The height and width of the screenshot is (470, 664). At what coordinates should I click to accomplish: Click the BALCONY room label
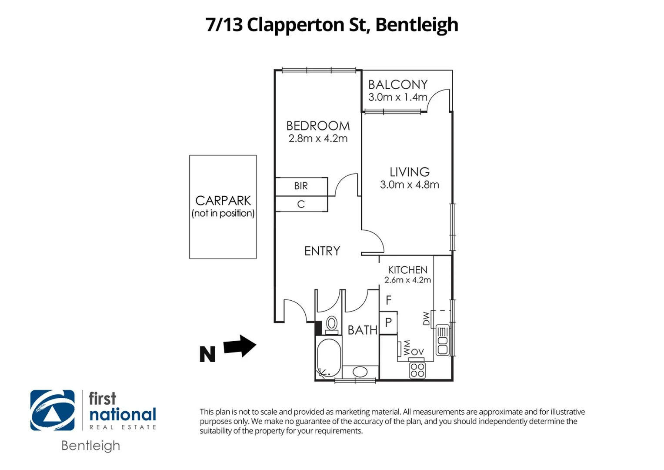(397, 84)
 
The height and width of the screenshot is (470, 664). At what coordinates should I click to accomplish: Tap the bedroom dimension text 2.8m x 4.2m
(318, 139)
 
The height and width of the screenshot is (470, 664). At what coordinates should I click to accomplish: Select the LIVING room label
(409, 172)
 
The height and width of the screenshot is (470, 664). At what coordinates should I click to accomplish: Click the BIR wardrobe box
(301, 186)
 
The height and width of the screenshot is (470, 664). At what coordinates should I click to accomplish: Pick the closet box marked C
(301, 204)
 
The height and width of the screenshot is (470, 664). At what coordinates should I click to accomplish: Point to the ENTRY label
(322, 251)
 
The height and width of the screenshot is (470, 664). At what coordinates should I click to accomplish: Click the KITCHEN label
(407, 270)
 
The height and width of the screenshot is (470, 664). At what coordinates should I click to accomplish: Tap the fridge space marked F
(388, 300)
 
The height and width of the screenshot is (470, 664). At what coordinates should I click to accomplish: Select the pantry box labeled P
(388, 322)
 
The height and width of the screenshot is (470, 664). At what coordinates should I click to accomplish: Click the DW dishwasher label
(426, 318)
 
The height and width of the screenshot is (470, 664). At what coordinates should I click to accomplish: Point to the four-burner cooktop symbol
(417, 370)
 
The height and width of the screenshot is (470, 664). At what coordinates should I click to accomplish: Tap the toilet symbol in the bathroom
(332, 324)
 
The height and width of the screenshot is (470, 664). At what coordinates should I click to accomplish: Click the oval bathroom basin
(360, 372)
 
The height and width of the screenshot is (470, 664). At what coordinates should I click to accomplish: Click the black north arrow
(240, 346)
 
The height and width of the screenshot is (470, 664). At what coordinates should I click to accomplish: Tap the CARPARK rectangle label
(223, 201)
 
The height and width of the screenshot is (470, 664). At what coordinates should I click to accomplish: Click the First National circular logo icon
(52, 410)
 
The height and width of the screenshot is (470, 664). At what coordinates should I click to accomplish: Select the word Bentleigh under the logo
(90, 446)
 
